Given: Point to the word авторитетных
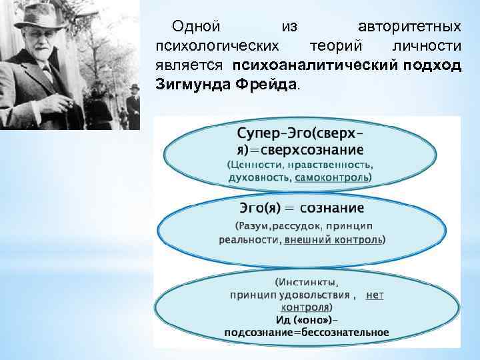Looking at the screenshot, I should coord(409,27).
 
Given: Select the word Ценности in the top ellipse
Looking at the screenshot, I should coord(257,165).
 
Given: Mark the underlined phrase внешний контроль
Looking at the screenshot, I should coord(333,239).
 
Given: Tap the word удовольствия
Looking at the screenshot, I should coord(316,294).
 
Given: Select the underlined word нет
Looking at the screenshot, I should coord(375,294).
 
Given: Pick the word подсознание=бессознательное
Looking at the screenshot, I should coord(306,332).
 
